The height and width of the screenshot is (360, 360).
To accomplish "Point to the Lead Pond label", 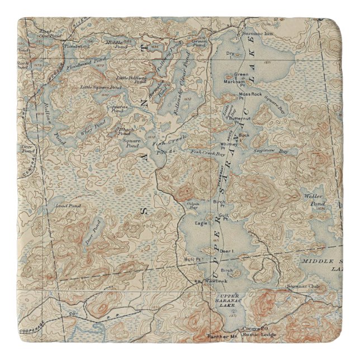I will click(68, 206).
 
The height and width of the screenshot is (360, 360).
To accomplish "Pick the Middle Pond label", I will click(114, 42).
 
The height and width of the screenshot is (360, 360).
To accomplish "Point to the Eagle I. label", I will click(202, 223).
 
